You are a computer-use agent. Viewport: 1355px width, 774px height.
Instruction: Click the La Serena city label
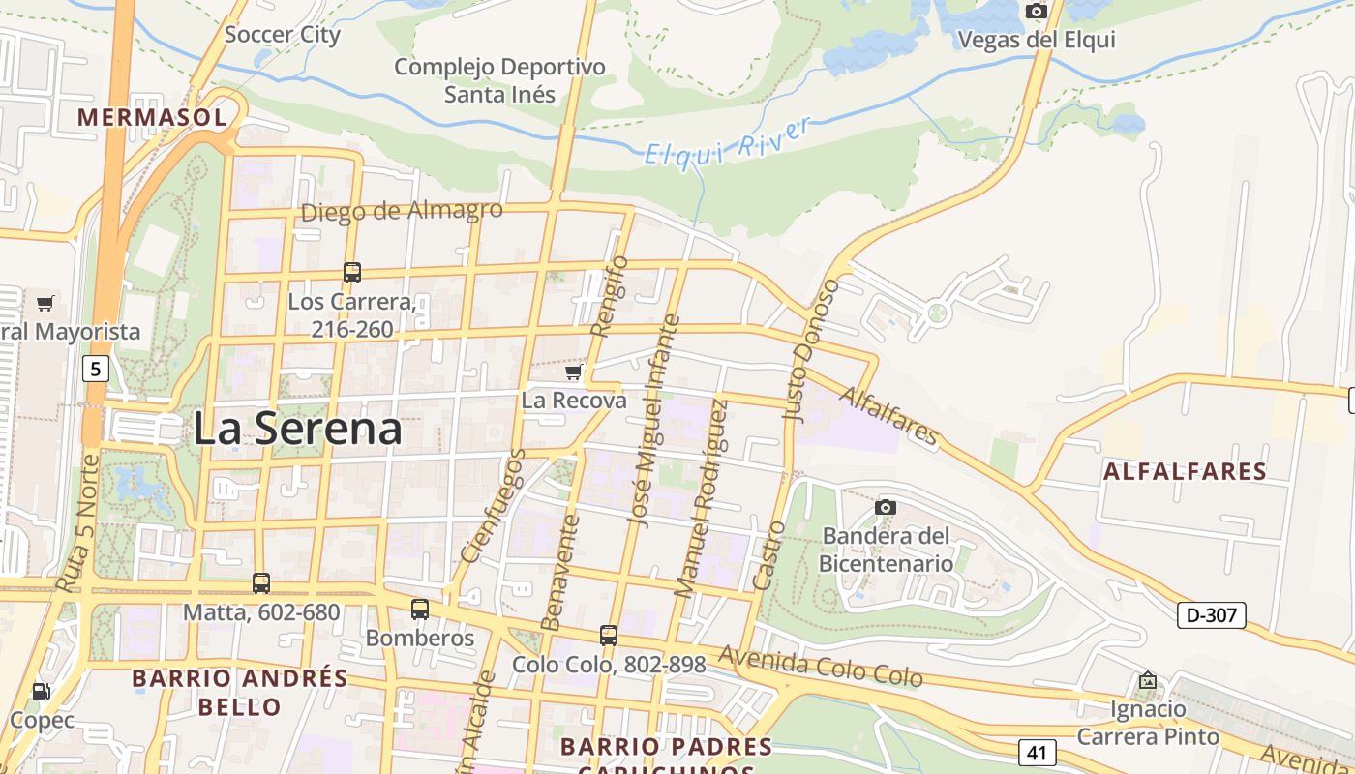[297, 429]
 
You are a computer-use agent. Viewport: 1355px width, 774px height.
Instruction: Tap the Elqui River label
[726, 142]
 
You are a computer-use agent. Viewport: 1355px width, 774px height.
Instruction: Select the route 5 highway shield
[95, 369]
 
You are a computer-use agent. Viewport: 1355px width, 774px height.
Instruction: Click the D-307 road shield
[1211, 614]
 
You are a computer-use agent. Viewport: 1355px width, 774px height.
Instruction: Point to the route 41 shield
[1037, 752]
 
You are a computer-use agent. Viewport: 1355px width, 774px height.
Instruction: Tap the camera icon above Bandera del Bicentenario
[885, 507]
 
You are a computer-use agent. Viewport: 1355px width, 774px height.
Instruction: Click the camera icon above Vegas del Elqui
[1037, 12]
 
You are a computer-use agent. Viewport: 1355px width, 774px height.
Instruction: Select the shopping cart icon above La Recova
[574, 372]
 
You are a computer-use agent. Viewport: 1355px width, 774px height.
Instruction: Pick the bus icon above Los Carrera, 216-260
[352, 273]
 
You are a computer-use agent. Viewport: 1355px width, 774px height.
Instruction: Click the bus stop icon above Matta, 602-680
[261, 583]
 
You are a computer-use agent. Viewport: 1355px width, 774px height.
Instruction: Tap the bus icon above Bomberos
[419, 610]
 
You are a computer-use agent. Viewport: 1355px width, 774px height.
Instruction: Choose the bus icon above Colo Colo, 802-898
[608, 636]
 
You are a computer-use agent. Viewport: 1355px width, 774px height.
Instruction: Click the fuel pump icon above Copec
[41, 692]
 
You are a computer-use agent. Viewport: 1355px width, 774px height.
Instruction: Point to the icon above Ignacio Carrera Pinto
[1148, 680]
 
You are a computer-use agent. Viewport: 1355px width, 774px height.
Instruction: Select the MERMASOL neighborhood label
[152, 118]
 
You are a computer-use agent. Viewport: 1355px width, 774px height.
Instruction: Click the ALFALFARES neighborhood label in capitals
[1185, 472]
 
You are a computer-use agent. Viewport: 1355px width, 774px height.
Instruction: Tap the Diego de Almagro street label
[402, 211]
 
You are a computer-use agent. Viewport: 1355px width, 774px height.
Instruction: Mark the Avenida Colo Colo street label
[820, 668]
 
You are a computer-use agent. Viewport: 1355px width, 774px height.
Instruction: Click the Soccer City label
[282, 36]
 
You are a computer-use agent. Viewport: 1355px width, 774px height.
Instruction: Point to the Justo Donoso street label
[810, 351]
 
